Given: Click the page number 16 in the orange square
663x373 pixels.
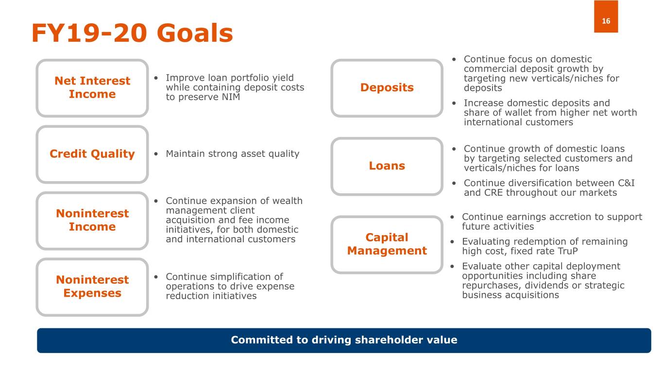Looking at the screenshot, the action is tap(606, 21).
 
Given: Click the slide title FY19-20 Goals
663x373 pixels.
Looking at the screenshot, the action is tap(132, 33).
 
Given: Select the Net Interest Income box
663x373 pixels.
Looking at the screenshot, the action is tap(92, 88).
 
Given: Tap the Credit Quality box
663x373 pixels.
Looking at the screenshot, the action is tap(92, 154).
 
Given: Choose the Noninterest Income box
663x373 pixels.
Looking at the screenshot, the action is tap(92, 220).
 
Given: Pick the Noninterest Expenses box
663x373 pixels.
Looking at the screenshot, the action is tap(92, 287).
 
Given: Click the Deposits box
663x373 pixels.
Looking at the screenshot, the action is tap(387, 88).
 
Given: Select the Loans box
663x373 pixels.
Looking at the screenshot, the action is tap(387, 166).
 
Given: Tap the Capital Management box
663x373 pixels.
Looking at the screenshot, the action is tap(387, 244).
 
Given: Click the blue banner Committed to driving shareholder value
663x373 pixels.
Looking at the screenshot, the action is tap(344, 340).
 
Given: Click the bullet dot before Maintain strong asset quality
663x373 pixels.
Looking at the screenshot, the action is tap(156, 154).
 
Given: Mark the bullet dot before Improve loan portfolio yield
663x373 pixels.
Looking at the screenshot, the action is tap(156, 78).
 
